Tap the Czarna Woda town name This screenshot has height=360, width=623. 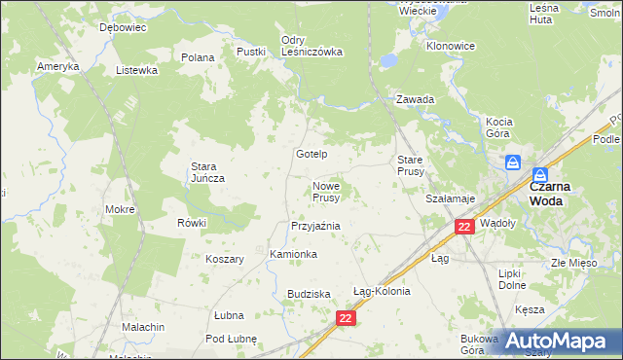pos(556,192)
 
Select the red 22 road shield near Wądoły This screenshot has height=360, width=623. pos(464,227)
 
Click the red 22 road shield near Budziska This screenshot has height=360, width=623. pos(347,318)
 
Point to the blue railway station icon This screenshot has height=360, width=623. pos(512,164)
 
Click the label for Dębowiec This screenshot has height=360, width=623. pos(123,28)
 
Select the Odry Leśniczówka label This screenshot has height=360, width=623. pos(311,46)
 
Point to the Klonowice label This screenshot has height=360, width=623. pos(451,46)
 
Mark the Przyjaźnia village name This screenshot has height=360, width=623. pos(315,226)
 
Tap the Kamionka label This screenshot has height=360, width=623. pos(293,254)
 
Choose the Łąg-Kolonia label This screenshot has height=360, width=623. pos(382,291)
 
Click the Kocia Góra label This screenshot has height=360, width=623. pos(497,126)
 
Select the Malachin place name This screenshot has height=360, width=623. pos(143,327)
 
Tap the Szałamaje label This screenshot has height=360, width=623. pos(450,198)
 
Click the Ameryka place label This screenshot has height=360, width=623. pos(57,66)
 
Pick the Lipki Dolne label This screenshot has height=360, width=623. pos(511,280)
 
